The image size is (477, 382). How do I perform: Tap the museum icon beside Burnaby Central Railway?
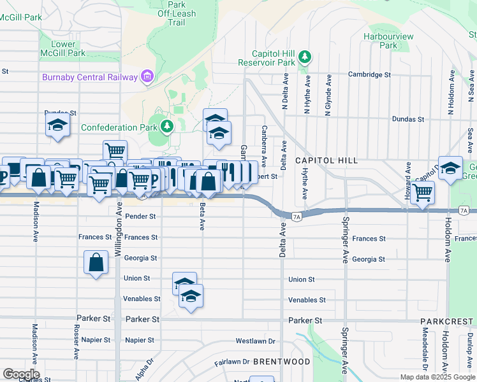coord(147,77)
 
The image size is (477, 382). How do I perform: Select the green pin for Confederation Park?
coord(167,126)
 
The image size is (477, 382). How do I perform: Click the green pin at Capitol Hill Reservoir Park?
coord(305,57)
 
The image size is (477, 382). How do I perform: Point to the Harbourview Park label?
coord(388,41)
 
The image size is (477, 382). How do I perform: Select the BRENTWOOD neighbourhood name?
coord(281,362)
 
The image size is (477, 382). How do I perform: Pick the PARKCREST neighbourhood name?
coord(448,323)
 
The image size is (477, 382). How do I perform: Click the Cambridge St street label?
coord(369,74)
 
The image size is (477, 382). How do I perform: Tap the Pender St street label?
coord(140,216)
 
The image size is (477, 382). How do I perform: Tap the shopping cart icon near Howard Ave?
coord(423,192)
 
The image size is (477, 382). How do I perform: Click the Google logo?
coord(20,374)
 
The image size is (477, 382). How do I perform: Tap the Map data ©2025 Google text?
coord(437,377)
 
